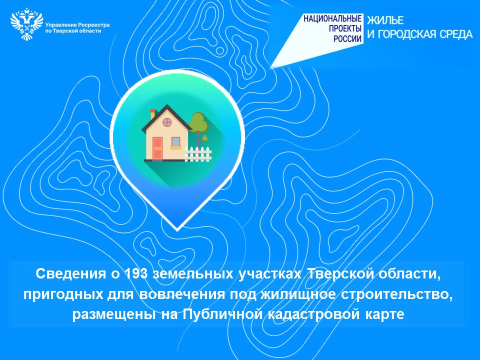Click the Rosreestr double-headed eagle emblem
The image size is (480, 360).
[26, 25]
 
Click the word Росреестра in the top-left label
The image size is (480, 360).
[93, 25]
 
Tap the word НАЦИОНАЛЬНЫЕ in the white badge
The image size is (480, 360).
[332, 18]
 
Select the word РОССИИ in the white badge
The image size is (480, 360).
[347, 38]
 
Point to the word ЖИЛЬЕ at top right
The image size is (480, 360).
[385, 20]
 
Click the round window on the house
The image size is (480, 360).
[167, 122]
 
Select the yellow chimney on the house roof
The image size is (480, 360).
[153, 113]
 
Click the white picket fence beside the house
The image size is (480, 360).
[198, 153]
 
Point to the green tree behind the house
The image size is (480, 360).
[198, 128]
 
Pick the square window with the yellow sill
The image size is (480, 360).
[175, 142]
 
